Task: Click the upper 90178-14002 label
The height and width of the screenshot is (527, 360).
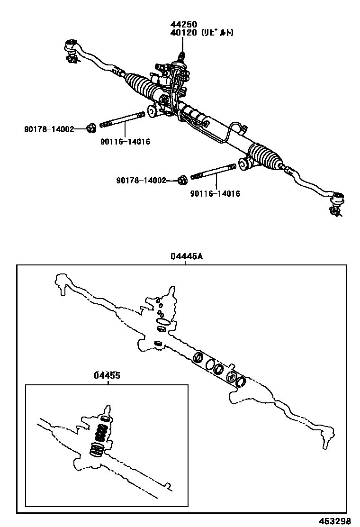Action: click(49, 129)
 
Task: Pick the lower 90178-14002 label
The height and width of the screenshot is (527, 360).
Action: click(141, 181)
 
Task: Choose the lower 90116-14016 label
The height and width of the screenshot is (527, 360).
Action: click(215, 193)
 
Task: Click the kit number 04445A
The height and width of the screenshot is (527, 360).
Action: click(187, 256)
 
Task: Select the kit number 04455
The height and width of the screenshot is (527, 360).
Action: click(107, 375)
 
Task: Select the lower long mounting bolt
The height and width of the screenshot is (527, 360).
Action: click(213, 172)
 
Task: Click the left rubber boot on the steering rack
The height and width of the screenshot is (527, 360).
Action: click(140, 85)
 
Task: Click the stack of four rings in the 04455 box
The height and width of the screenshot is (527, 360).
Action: click(101, 434)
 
